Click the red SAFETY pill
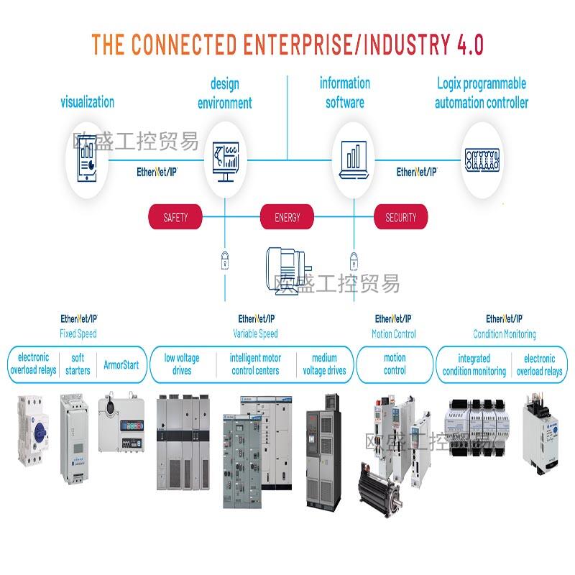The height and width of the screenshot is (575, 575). pos(175,217)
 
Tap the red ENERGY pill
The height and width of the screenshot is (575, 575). pos(287,217)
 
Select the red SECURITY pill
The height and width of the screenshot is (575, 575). pos(400,217)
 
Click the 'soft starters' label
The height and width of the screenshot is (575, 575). pos(77,364)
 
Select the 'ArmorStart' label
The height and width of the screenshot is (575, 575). pos(121,364)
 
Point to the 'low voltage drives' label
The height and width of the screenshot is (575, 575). pos(182,364)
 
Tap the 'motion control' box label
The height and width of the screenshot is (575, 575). pos(395,364)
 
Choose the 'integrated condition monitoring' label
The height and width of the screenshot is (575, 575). pos(474,364)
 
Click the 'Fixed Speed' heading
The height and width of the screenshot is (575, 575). pos(78,334)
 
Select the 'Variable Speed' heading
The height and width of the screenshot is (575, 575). pos(255,334)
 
